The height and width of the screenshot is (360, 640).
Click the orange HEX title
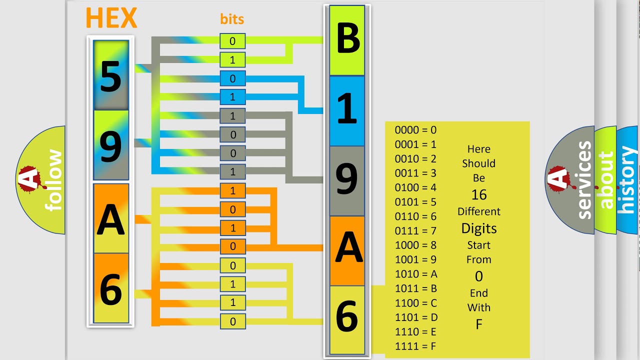point(111,17)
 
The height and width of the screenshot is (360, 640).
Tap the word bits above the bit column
point(232,19)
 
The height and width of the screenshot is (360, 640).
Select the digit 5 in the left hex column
point(111,76)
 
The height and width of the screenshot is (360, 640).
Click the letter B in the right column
point(348,38)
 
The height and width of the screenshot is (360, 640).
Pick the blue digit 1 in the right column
point(347,108)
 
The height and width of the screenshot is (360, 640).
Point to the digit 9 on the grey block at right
point(346,178)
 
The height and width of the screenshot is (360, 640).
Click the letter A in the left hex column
point(111,219)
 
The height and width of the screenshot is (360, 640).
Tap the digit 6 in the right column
point(347,316)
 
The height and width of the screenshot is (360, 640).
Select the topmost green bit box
point(232,41)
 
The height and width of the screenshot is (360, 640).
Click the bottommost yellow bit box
point(232,321)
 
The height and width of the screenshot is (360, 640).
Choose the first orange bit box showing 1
point(232,190)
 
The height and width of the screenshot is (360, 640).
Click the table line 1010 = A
point(416,274)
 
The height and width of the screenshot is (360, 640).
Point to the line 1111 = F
point(415,346)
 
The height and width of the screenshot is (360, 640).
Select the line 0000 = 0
point(415,130)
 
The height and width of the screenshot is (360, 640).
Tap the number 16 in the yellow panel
point(479,194)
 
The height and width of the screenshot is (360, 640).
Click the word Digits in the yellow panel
point(479,228)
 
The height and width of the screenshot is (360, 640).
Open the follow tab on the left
point(40,180)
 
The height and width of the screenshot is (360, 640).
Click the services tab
point(570,180)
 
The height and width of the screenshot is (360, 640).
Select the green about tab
point(605,180)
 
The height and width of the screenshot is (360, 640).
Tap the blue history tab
point(627,180)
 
